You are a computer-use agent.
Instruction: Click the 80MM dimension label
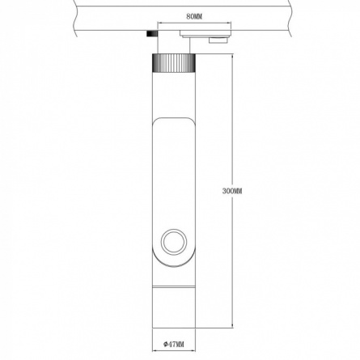[x=194, y=17]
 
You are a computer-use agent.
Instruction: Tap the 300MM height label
[x=232, y=191]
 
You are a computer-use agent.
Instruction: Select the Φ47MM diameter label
[x=174, y=344]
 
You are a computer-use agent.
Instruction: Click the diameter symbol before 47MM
[x=165, y=344]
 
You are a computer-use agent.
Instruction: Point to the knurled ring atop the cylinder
[x=174, y=62]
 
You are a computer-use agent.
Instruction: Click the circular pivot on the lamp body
[x=174, y=241]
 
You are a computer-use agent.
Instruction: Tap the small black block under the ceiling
[x=152, y=34]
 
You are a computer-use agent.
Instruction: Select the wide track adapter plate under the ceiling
[x=205, y=34]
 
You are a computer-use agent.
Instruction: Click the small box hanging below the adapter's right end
[x=218, y=40]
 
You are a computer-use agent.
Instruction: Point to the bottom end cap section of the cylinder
[x=174, y=307]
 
